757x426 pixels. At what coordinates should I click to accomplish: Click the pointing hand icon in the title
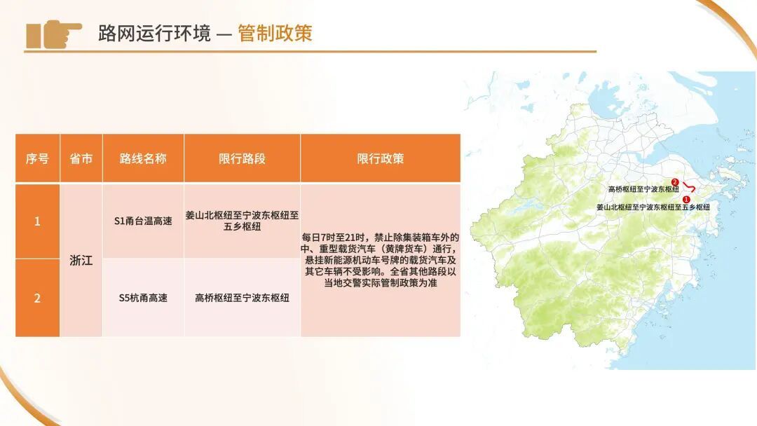pos(53,34)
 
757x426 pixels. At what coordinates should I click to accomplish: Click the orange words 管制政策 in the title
pos(275,33)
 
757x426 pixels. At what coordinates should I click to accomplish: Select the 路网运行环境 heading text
pos(154,33)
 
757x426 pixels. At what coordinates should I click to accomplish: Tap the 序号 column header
pos(37,158)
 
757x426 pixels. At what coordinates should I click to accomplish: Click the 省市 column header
pos(81,158)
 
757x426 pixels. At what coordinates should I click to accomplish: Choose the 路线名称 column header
pos(143,158)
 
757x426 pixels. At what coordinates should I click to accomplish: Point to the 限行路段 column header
pos(242,158)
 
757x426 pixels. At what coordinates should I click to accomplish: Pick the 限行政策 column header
pos(380,158)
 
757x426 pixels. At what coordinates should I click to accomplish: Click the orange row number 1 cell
pos(37,221)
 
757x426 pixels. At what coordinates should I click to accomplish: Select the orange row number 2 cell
pos(37,298)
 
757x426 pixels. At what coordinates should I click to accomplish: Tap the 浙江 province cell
pos(81,260)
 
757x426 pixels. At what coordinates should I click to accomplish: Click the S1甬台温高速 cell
pos(143,221)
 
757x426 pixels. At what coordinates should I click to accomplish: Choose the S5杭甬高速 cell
pos(143,298)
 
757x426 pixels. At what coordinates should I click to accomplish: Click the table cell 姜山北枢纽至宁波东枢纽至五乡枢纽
pos(242,221)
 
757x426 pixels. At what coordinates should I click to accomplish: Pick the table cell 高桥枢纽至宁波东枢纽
pos(242,298)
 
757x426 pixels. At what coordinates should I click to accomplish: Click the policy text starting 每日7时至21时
pos(380,260)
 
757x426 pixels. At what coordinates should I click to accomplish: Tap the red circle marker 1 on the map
pos(686,200)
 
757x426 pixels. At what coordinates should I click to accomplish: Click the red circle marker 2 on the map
pos(675,182)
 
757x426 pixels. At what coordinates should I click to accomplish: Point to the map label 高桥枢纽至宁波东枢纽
pos(643,189)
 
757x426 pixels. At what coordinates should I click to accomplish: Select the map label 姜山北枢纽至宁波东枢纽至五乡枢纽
pos(653,207)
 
